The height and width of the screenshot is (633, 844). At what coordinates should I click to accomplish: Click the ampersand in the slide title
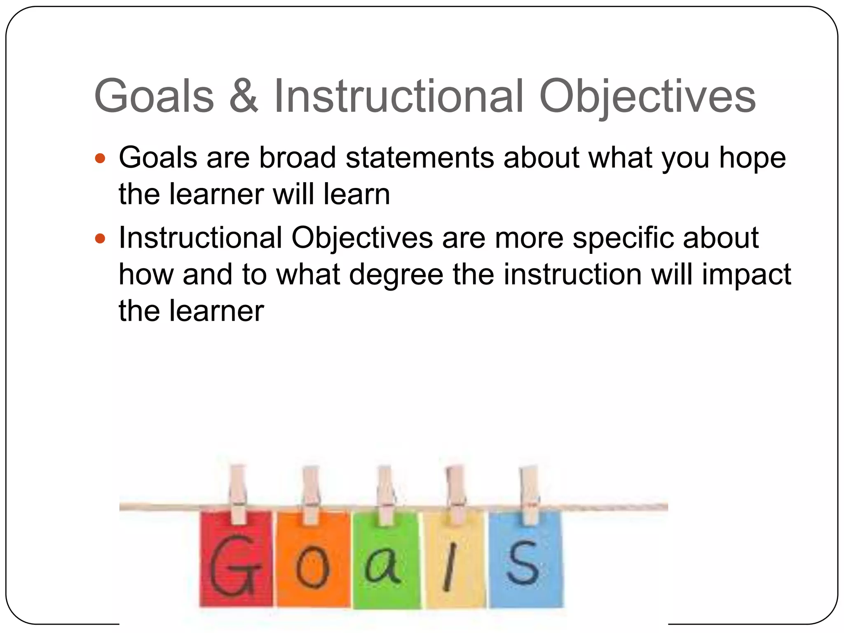(244, 96)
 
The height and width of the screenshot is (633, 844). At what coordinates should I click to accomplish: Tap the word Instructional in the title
(398, 96)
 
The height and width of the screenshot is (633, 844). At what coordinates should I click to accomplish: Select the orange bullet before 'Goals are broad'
(100, 158)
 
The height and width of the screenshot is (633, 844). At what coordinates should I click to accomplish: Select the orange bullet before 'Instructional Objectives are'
(100, 238)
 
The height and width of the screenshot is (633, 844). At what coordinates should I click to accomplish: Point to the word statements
(420, 157)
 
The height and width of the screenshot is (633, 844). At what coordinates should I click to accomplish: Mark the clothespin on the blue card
(529, 495)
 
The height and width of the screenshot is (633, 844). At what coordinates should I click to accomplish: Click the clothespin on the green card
(386, 495)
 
